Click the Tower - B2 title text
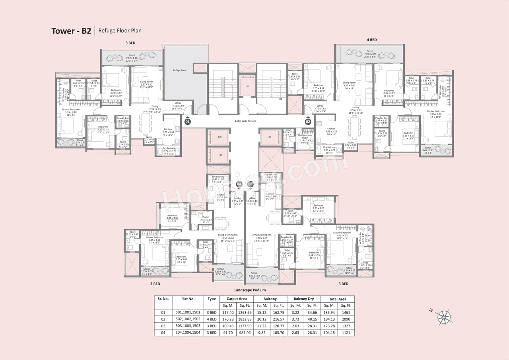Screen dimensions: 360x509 tap(72, 31)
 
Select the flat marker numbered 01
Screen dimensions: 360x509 tap(188, 121)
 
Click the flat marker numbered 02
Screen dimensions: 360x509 tap(308, 121)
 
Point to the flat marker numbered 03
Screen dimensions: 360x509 tap(251, 184)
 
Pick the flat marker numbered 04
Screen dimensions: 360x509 tap(239, 184)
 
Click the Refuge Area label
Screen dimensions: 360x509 tap(179, 70)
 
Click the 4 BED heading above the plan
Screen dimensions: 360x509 tap(372, 40)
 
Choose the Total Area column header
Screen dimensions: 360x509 tap(337, 299)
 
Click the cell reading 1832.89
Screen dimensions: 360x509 tap(245, 319)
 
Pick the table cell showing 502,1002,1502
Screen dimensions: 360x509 tap(188, 319)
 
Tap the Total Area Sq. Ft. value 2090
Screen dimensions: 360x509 tap(346, 319)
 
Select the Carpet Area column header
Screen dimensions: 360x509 tap(237, 299)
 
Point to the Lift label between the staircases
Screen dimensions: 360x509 tap(247, 86)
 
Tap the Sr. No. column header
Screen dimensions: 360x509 tap(163, 298)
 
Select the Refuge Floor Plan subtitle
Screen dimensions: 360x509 tap(120, 30)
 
